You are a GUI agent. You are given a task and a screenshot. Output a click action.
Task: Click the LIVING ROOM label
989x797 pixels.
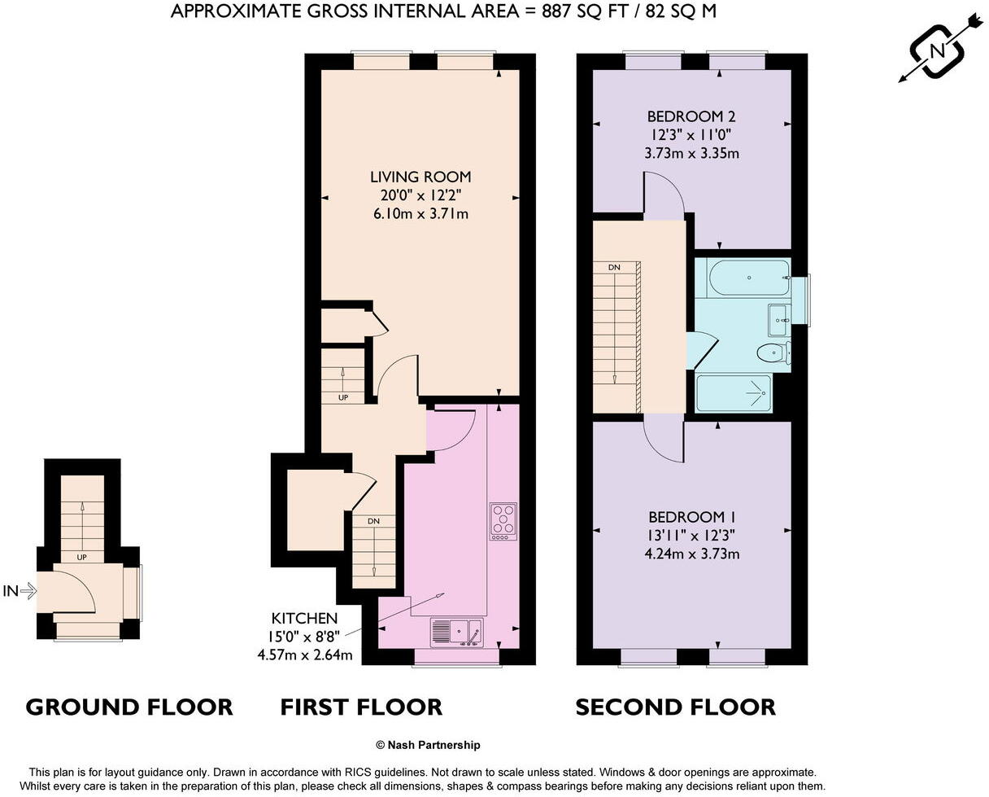click(420, 177)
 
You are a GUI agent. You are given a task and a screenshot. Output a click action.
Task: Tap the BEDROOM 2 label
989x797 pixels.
click(691, 116)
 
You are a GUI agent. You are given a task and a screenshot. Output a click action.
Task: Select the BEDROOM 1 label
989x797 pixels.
click(692, 517)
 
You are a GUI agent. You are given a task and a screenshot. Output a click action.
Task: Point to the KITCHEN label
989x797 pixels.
click(305, 619)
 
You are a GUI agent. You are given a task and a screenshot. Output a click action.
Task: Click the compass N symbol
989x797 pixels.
click(938, 50)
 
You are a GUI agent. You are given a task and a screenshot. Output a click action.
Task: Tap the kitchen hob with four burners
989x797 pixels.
click(503, 522)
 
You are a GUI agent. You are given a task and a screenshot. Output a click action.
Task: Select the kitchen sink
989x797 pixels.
click(456, 633)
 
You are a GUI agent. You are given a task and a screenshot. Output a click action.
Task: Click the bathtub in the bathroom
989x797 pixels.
click(748, 278)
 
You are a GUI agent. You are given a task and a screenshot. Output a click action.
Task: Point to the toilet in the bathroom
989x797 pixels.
click(772, 353)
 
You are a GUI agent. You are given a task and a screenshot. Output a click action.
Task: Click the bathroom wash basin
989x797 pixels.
click(780, 320)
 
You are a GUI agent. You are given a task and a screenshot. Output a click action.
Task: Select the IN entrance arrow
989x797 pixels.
click(20, 591)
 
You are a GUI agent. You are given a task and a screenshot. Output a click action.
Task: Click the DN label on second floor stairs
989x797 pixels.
click(613, 267)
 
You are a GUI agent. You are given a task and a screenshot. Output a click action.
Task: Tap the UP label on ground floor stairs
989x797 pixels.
click(82, 558)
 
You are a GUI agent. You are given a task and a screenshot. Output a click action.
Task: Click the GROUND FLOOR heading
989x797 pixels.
click(129, 707)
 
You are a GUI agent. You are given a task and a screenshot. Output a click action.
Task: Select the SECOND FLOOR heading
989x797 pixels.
click(675, 707)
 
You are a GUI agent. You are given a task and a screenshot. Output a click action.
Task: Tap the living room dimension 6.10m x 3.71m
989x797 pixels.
click(420, 214)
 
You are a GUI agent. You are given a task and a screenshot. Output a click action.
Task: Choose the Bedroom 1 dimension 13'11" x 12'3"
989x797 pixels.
click(692, 536)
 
